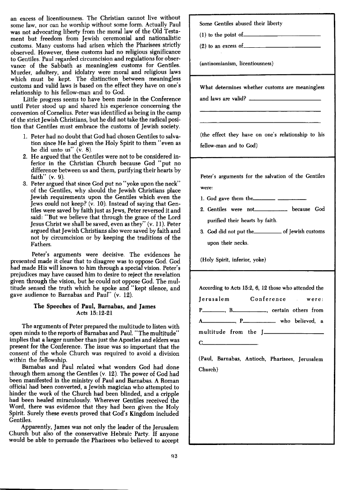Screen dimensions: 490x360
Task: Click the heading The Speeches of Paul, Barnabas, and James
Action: (x=95, y=307)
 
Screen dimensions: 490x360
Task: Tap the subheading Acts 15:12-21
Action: (x=95, y=313)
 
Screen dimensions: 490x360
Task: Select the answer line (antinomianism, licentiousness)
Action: (x=236, y=64)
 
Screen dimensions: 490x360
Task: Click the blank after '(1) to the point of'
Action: (x=282, y=35)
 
